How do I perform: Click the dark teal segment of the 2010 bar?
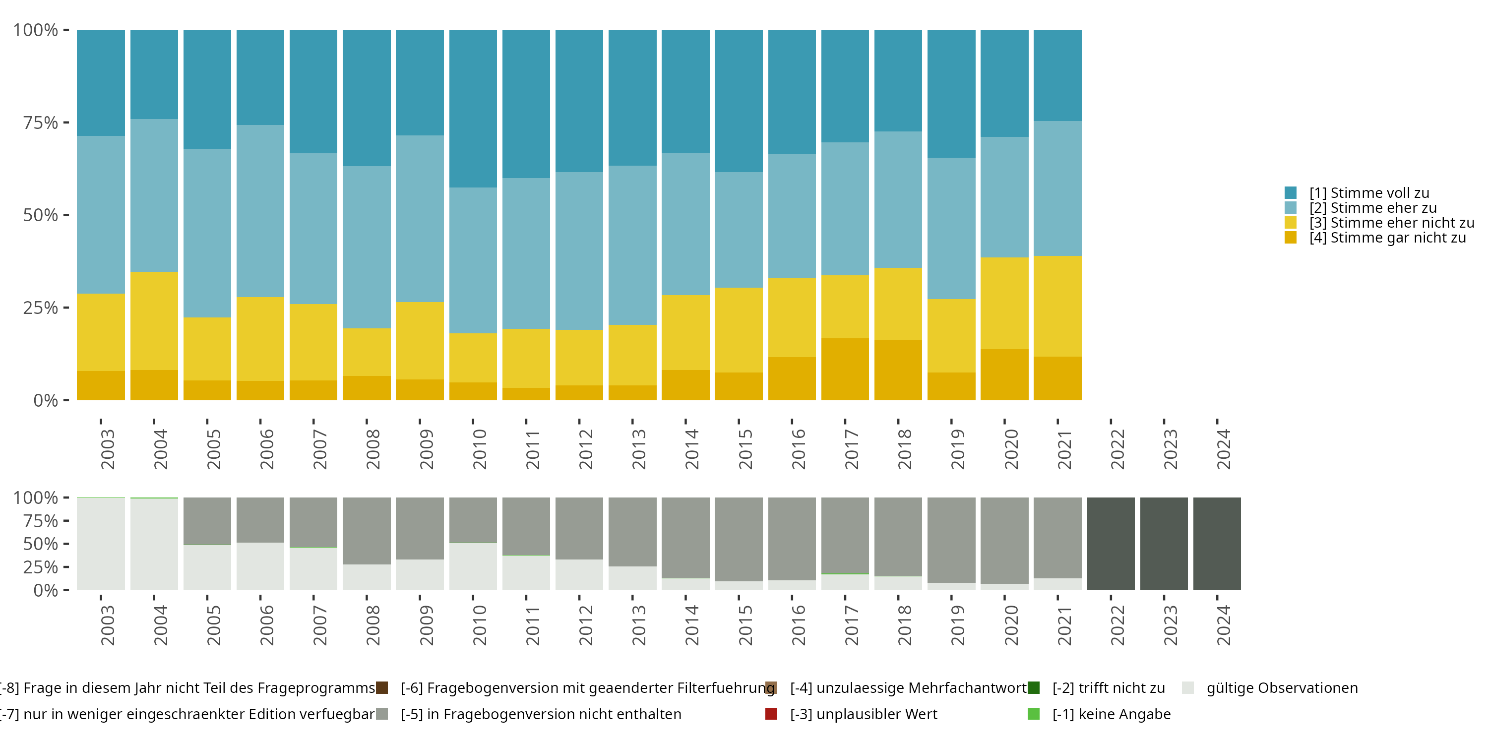tap(473, 109)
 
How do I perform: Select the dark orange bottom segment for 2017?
tap(845, 369)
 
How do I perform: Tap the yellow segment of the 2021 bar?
tap(1057, 306)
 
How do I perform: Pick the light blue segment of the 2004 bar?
tap(154, 195)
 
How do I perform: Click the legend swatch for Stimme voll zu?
tap(1291, 193)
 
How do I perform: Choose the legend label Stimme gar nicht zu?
tap(1387, 238)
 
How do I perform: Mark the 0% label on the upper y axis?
tap(46, 400)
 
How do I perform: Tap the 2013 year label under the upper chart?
tap(638, 449)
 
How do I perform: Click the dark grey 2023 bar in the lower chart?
tap(1164, 544)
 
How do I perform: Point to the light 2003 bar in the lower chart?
tap(101, 544)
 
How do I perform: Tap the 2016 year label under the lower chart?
tap(798, 625)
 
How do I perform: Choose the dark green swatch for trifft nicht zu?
tap(1034, 688)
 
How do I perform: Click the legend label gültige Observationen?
tap(1282, 688)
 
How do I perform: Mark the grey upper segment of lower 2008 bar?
tap(367, 530)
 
